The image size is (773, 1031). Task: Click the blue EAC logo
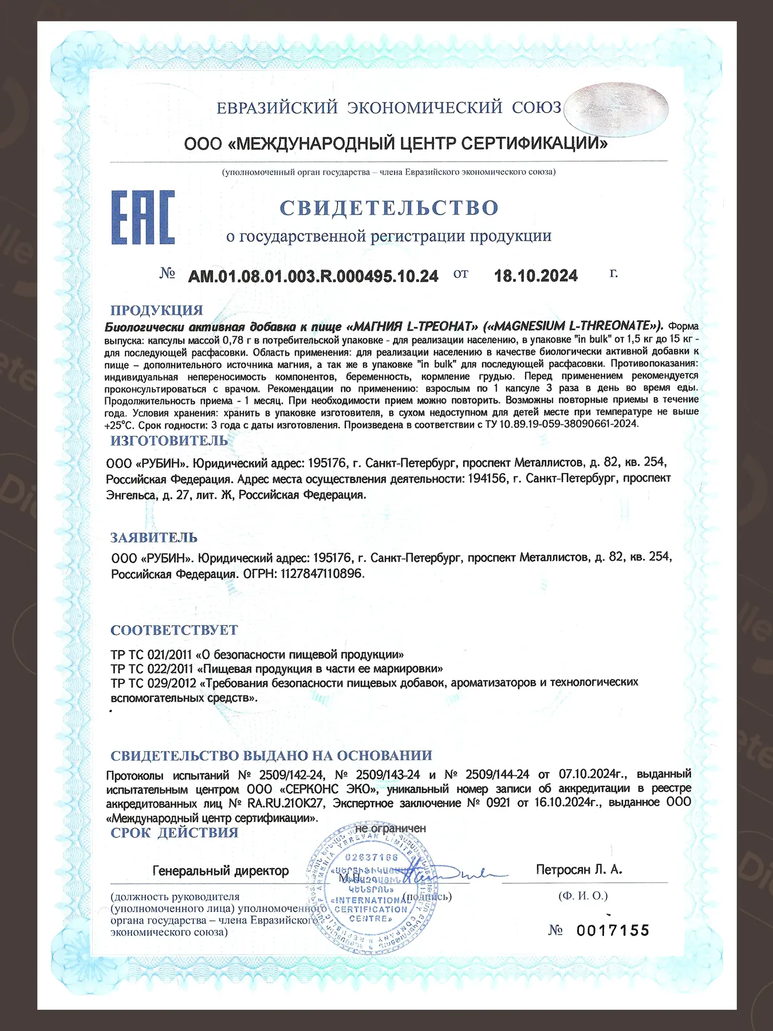(x=143, y=218)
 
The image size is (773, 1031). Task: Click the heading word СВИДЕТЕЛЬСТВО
(x=389, y=207)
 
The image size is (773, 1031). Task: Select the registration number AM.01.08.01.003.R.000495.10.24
(x=313, y=276)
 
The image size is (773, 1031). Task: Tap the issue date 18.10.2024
(x=535, y=276)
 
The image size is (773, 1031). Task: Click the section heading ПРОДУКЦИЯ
(x=156, y=310)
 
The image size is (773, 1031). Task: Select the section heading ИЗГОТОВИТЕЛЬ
(x=169, y=440)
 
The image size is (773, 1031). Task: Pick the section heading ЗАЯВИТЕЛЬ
(x=153, y=537)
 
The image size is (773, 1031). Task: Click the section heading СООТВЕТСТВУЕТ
(x=174, y=630)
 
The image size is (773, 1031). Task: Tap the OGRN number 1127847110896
(x=322, y=573)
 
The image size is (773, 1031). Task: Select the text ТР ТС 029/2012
(x=152, y=683)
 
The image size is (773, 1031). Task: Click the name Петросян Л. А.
(x=578, y=869)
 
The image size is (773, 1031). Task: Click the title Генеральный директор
(x=220, y=871)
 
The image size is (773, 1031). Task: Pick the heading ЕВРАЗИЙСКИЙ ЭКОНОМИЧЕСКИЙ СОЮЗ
(x=389, y=108)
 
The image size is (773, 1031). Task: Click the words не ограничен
(x=391, y=828)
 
